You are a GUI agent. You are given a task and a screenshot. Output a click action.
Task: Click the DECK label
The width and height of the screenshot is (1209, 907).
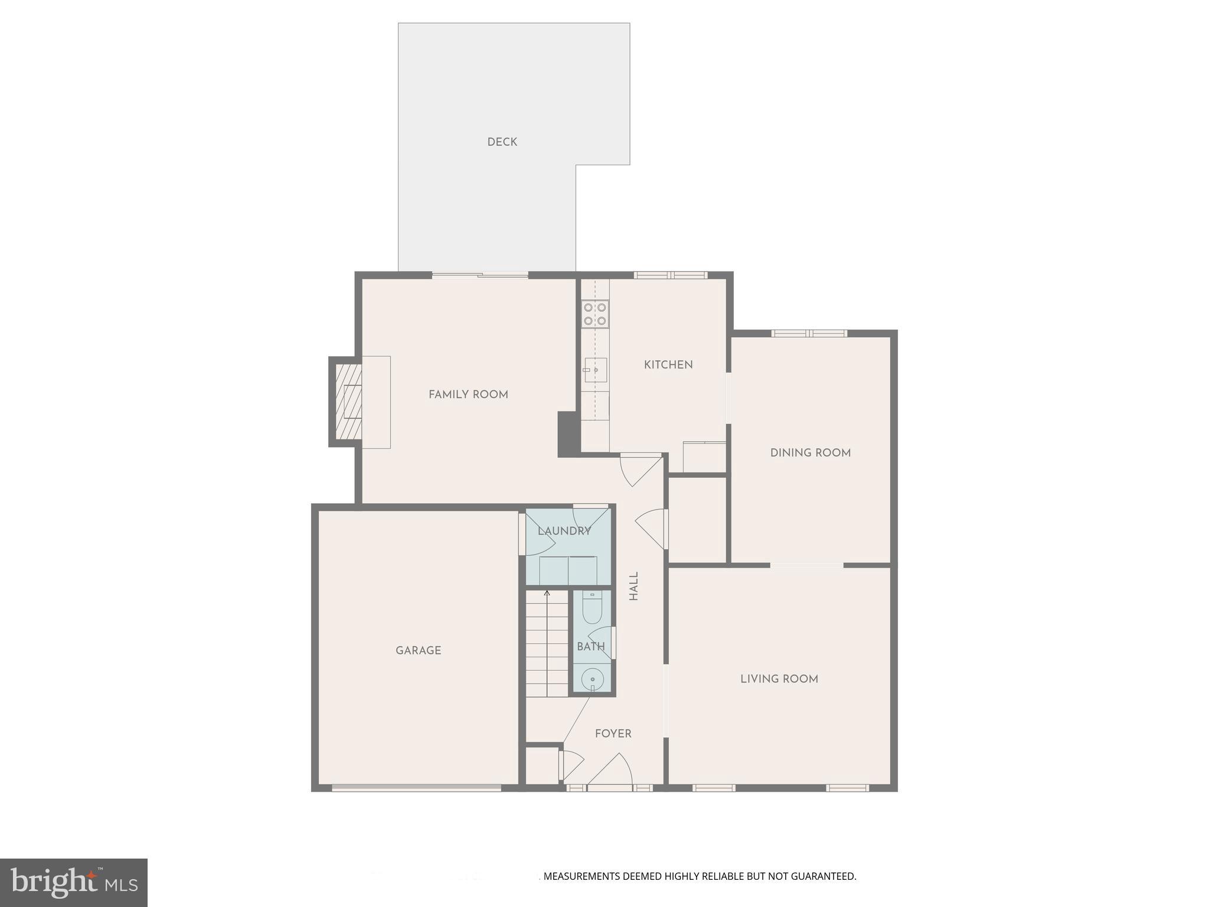tap(502, 142)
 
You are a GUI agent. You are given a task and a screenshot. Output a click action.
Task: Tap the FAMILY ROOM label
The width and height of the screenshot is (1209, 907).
tap(468, 394)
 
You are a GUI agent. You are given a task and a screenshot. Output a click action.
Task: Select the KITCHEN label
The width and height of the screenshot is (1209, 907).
tap(668, 365)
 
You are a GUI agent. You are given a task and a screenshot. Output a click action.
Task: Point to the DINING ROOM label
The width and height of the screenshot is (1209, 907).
tap(810, 453)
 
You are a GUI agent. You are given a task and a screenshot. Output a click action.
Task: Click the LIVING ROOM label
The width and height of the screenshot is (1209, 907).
tap(779, 679)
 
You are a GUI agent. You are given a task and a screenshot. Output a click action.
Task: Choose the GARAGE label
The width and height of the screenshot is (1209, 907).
tap(418, 651)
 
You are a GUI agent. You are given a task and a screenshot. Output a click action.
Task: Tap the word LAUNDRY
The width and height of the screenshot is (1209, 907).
tap(564, 531)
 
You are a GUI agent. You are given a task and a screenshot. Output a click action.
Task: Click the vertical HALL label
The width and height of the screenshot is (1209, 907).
tap(633, 586)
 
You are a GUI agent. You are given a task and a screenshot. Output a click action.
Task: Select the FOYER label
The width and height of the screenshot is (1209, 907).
tap(613, 733)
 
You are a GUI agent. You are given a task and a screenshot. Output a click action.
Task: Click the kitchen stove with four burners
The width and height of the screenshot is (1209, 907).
tap(595, 314)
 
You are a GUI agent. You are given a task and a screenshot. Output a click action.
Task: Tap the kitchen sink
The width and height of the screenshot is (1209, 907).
tap(595, 370)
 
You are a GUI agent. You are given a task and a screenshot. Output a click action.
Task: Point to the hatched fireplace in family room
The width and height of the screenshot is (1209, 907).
tap(348, 402)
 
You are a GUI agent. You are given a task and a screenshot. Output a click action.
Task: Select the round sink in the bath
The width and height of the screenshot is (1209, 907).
tap(592, 680)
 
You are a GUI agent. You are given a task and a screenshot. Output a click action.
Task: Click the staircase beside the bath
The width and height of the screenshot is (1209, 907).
tap(547, 644)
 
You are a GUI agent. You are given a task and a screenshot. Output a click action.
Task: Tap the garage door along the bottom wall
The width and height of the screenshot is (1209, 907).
tap(416, 788)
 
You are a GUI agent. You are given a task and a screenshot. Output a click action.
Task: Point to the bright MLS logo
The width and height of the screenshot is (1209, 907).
tap(74, 883)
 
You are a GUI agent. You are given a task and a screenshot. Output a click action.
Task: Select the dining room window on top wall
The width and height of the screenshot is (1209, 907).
tap(809, 334)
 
